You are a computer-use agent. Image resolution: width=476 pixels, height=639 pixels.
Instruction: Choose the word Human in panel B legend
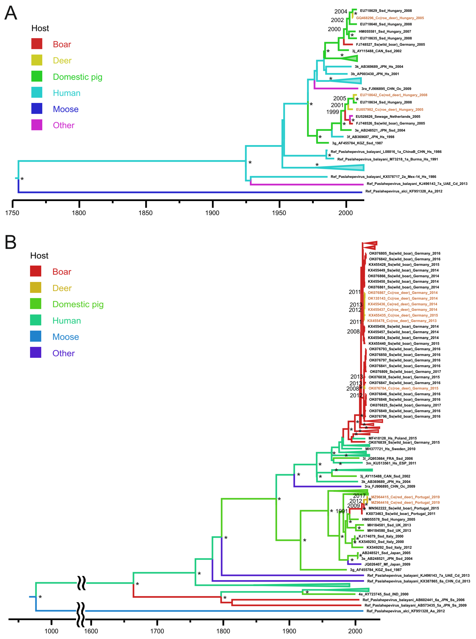(66, 321)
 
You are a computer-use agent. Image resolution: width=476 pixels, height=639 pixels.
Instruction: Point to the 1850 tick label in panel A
(145, 213)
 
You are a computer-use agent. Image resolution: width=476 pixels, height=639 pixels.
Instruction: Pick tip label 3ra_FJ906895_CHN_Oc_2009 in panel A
(386, 89)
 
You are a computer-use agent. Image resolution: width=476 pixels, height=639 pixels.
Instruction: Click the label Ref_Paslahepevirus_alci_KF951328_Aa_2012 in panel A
(404, 191)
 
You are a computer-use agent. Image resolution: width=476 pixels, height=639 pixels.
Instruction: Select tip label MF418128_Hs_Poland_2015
(392, 438)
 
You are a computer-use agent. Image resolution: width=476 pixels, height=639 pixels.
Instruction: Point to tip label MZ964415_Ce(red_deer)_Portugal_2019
(405, 497)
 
